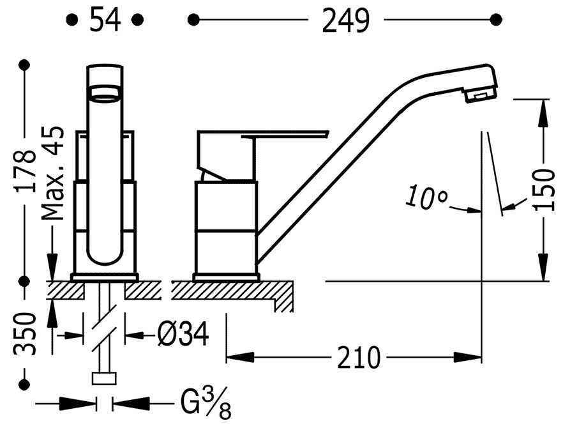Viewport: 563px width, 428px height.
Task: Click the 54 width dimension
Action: [x=105, y=20]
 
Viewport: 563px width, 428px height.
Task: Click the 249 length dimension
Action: [x=345, y=20]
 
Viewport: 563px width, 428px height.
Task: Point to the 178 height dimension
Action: [x=26, y=171]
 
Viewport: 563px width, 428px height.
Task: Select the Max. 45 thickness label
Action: [x=53, y=173]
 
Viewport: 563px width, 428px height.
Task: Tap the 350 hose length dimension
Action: [x=25, y=334]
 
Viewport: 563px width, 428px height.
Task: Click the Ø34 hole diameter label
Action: [x=183, y=334]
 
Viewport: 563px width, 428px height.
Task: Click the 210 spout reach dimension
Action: [x=358, y=357]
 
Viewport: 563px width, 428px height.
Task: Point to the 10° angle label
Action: [x=427, y=197]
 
